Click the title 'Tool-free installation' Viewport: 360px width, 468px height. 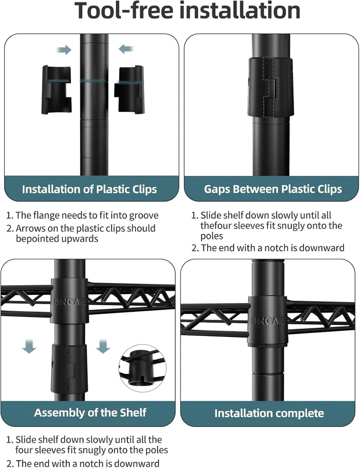coord(187,10)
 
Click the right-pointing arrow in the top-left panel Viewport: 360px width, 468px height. coord(64,50)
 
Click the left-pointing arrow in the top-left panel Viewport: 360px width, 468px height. coord(126,49)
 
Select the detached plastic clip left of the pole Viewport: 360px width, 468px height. coord(57,90)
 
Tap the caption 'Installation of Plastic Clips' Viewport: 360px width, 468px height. coord(89,189)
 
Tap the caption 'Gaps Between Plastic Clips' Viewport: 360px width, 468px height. coord(273,189)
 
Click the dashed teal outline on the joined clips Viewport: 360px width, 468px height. coord(271,87)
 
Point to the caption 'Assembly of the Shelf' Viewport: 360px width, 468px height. coord(90,412)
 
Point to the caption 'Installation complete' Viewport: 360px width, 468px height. coord(269,413)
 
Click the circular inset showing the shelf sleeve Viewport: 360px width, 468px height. coord(142,368)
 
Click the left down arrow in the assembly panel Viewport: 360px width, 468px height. coord(29,346)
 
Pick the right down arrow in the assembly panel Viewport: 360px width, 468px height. coord(103,346)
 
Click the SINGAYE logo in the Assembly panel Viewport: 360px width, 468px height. coord(70,302)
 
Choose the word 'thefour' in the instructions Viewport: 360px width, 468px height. coord(216,226)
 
